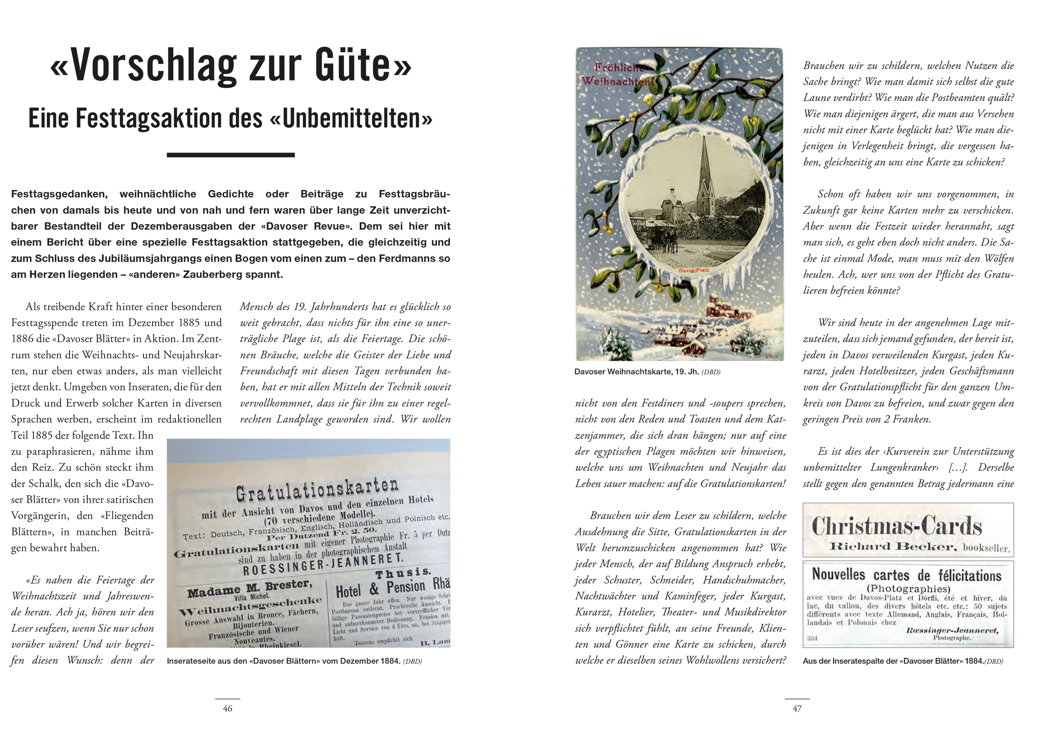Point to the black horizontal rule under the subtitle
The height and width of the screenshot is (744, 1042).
[x=230, y=155]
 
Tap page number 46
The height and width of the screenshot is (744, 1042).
[x=228, y=708]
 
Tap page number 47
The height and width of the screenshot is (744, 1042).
[x=797, y=708]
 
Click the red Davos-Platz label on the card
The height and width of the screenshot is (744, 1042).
[x=693, y=270]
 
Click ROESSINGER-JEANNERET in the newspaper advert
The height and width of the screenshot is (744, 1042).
[x=323, y=565]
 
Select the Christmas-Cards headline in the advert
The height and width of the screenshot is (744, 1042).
[x=897, y=526]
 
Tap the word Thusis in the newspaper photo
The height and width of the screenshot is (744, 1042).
[x=403, y=572]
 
